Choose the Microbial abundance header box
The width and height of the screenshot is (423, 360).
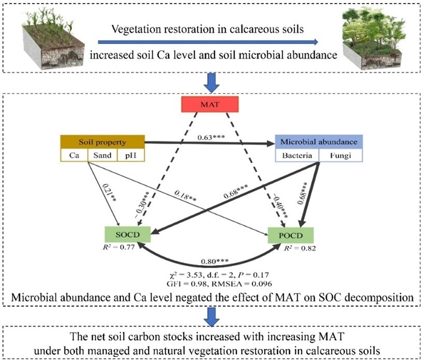point(318,143)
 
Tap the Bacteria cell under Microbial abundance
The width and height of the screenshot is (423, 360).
point(297,156)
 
